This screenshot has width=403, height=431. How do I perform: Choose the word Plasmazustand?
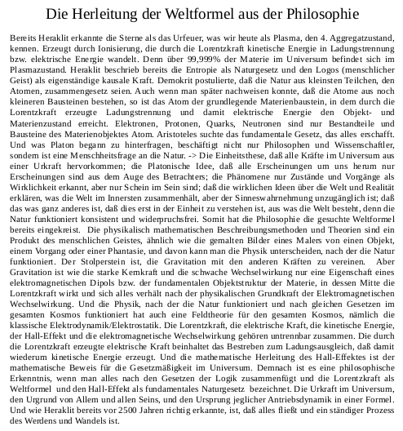pos(38,71)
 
